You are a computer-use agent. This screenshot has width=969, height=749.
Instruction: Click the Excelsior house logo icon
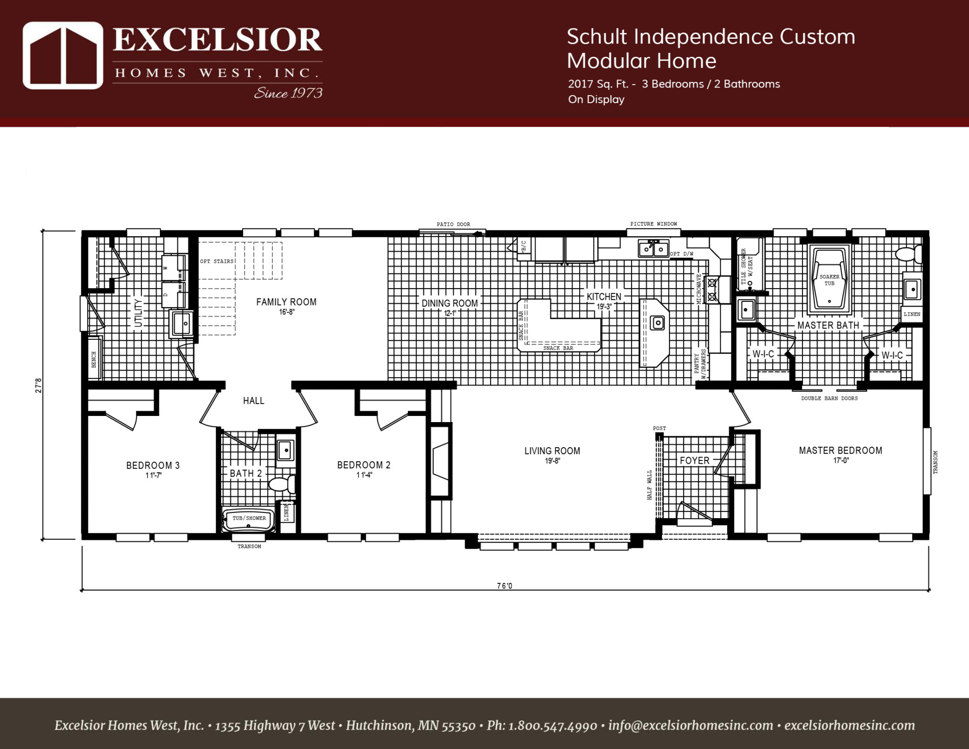click(x=63, y=55)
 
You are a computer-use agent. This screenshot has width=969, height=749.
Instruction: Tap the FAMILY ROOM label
click(x=286, y=302)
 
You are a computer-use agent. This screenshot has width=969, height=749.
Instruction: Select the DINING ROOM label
click(x=449, y=303)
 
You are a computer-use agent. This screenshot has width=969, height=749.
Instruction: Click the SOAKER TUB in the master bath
click(x=829, y=280)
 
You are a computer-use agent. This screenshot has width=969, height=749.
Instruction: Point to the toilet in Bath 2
click(x=282, y=484)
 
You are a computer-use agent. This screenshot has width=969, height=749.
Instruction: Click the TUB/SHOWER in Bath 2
click(x=249, y=520)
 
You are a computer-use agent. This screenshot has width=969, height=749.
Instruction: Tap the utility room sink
click(x=181, y=324)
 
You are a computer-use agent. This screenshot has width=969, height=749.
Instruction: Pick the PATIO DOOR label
click(x=453, y=224)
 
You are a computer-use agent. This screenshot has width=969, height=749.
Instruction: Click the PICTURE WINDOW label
click(x=653, y=224)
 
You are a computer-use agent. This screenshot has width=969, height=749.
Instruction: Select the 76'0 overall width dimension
click(x=504, y=586)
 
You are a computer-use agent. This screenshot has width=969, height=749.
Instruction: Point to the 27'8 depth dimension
click(x=39, y=385)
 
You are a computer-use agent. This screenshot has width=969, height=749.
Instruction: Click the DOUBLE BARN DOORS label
click(x=829, y=398)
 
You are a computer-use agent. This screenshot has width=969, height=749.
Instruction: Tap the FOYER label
click(x=694, y=460)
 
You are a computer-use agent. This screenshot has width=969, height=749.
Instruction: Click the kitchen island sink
click(x=657, y=323)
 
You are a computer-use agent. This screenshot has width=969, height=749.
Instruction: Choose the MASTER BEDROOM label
click(x=840, y=450)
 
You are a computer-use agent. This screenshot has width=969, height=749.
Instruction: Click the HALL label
click(x=254, y=401)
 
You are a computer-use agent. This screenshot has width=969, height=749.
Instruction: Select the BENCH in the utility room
click(x=94, y=359)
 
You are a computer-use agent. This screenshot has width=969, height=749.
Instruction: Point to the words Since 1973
click(x=288, y=93)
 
